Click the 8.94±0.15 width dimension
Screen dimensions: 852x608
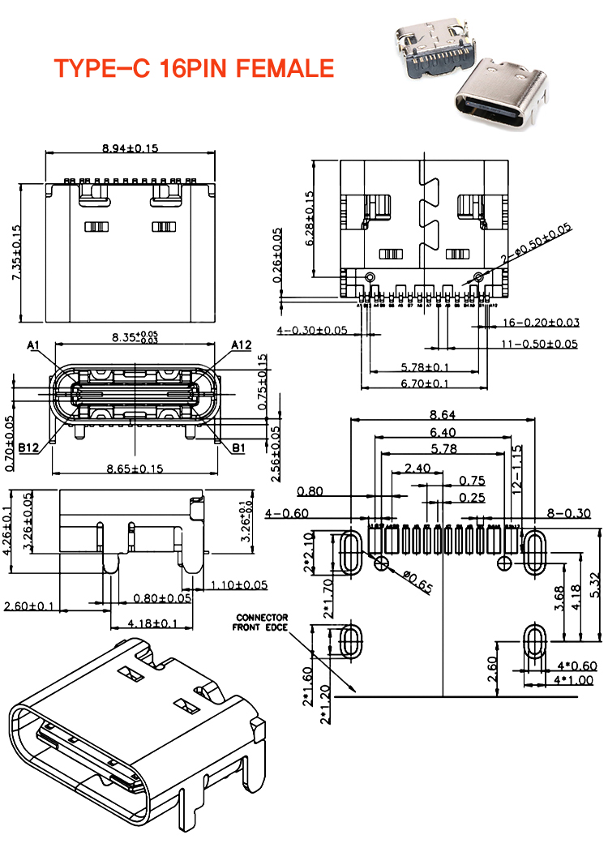(130, 148)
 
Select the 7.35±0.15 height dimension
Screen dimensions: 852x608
(16, 253)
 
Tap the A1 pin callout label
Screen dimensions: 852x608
(34, 346)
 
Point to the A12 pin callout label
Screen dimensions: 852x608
(242, 346)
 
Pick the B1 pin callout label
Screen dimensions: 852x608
(239, 447)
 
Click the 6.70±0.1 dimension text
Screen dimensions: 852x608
(425, 383)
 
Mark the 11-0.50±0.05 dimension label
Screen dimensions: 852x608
(539, 344)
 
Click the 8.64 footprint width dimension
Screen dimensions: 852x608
(443, 414)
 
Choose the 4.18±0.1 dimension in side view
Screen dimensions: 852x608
(153, 623)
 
